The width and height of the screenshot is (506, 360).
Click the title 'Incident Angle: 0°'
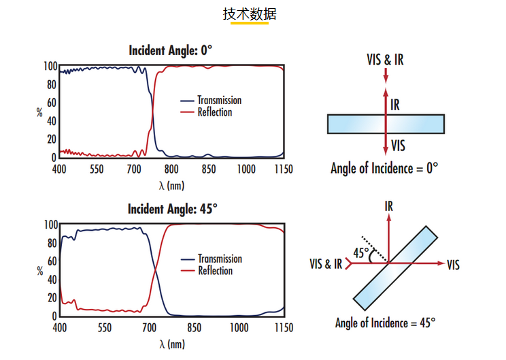tap(171, 50)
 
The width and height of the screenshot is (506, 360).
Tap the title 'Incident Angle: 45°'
tap(173, 209)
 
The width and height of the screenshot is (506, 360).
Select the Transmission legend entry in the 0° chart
tap(219, 100)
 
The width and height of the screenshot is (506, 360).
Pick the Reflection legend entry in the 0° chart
tap(214, 112)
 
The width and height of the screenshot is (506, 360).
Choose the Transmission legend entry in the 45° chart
tap(220, 259)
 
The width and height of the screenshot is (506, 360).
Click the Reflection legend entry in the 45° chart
tap(215, 271)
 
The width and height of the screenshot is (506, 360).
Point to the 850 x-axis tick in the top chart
tap(208, 169)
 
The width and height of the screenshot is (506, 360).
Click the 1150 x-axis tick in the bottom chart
tap(283, 328)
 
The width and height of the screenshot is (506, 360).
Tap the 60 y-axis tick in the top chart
tap(50, 103)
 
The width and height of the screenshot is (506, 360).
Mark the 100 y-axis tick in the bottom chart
tap(48, 225)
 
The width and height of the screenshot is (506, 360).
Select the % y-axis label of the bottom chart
tap(39, 270)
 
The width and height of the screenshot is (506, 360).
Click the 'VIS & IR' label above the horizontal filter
tap(385, 60)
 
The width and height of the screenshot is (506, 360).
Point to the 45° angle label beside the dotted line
tap(362, 253)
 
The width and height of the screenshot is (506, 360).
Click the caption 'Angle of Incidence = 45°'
tap(385, 323)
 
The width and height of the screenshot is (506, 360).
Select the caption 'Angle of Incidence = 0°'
tap(384, 168)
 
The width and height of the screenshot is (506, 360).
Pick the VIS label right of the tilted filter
tap(454, 264)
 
